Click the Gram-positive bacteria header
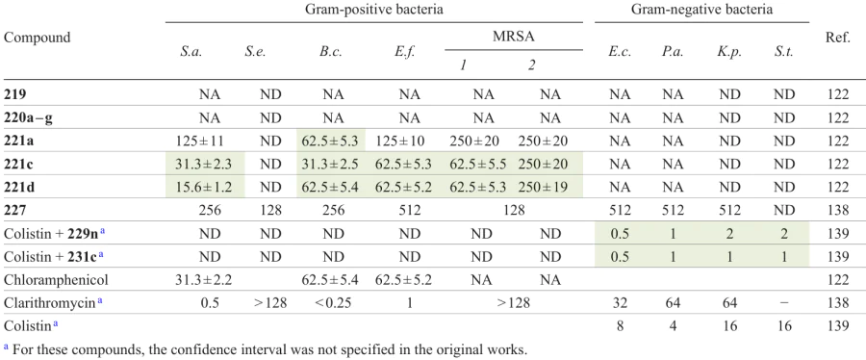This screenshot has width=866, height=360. pyautogui.click(x=374, y=11)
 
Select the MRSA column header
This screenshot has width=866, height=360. pyautogui.click(x=516, y=38)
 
